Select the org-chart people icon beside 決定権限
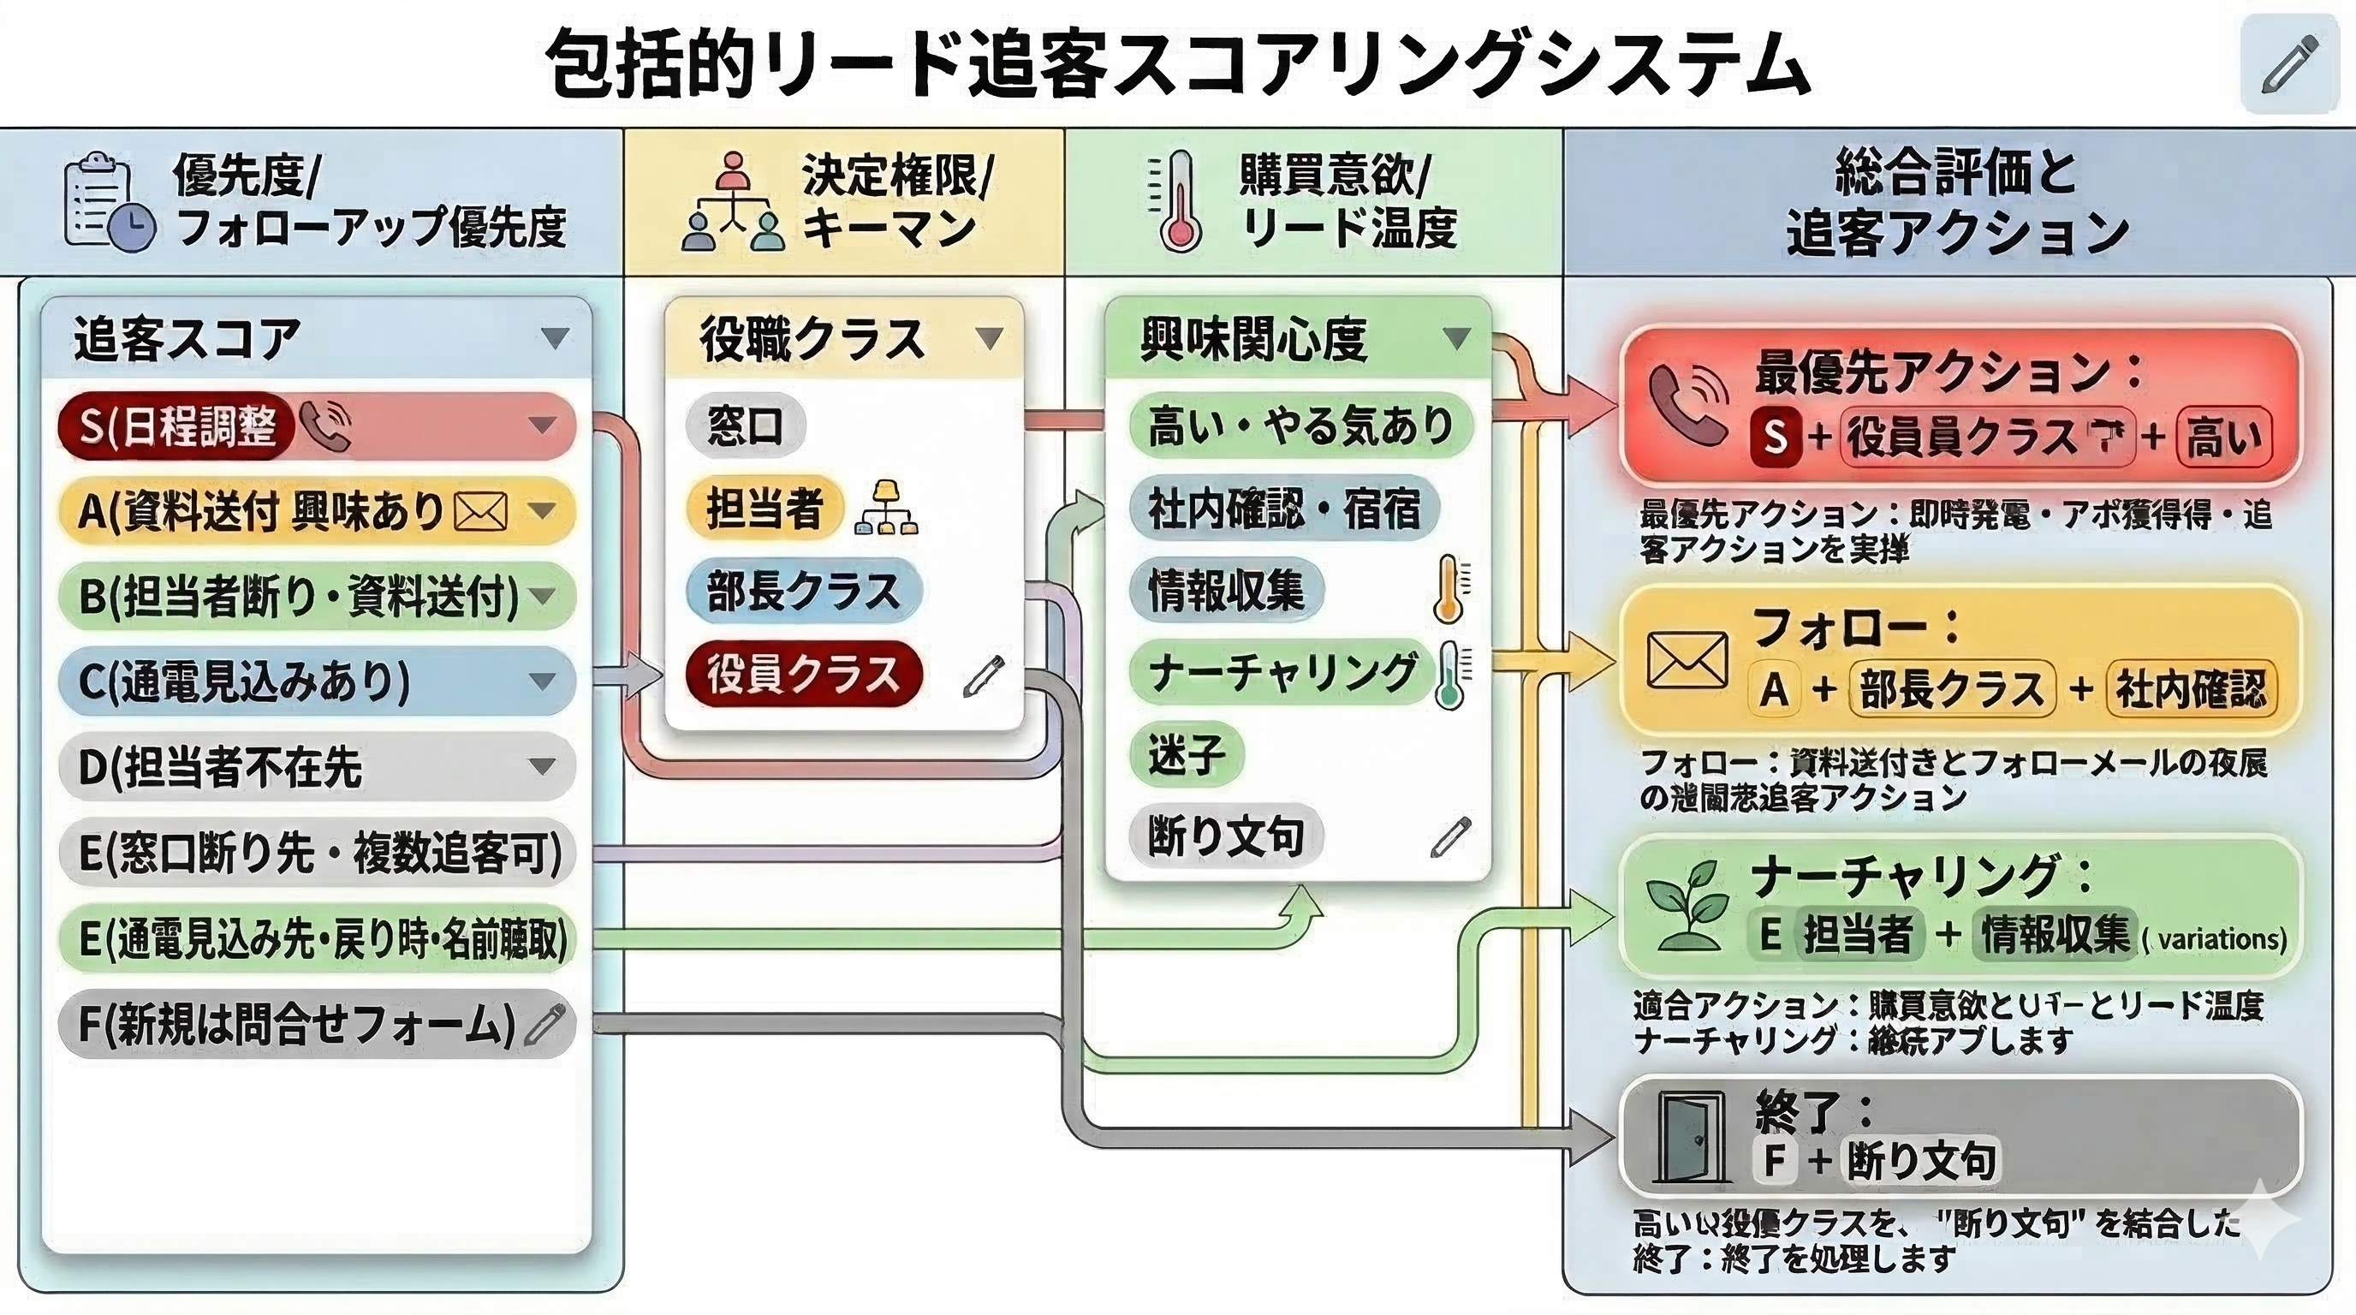732,203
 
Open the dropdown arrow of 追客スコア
554,338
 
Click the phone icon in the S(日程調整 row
324,426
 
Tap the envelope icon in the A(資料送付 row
481,511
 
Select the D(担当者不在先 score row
317,766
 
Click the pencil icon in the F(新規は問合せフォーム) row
546,1023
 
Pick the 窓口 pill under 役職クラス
746,426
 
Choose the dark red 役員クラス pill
803,674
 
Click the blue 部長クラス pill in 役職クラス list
803,591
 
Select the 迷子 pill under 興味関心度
1187,755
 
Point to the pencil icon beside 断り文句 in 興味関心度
1450,836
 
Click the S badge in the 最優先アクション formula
1775,437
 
